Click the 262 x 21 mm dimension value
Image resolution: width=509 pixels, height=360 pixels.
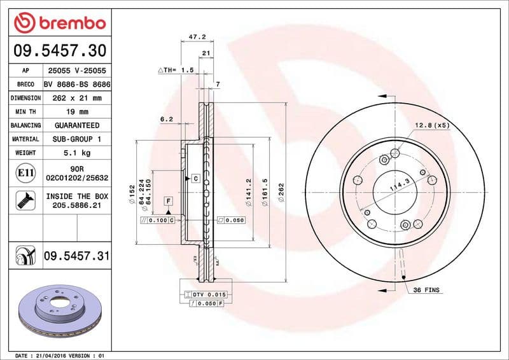coord(76,98)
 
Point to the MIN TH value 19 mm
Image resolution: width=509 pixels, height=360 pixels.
coord(76,112)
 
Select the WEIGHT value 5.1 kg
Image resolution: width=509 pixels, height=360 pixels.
coord(76,153)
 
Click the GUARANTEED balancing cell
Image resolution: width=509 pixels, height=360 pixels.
coord(76,125)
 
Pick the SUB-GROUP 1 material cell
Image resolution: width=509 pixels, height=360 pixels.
coord(76,139)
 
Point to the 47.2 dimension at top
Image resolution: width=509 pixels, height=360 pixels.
coord(196,38)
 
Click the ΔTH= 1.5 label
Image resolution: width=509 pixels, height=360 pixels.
coord(176,70)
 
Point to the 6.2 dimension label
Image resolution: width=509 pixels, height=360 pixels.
coord(167,119)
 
